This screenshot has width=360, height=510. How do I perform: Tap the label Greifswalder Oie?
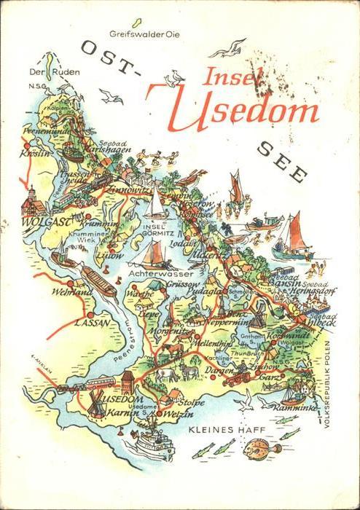(x=144, y=34)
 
